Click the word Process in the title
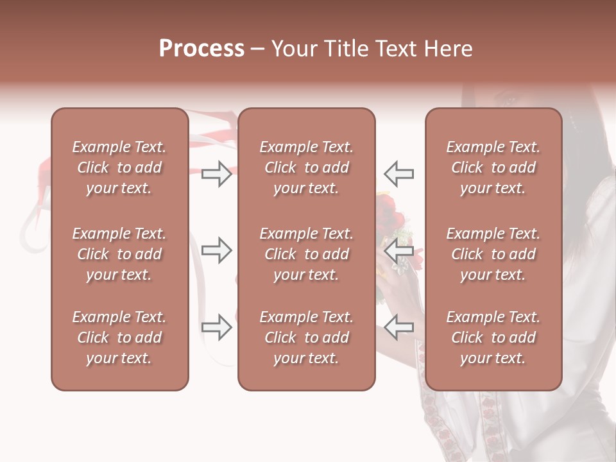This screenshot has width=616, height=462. (x=201, y=49)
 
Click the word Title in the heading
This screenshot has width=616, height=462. (x=345, y=49)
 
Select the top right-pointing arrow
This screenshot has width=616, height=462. (x=217, y=174)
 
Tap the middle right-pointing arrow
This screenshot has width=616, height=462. (x=217, y=250)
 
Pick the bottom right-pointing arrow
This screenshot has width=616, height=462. (x=217, y=327)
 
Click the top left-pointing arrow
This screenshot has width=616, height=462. (x=398, y=174)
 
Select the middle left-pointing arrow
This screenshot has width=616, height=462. (x=398, y=250)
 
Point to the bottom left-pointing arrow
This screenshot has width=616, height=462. (x=398, y=327)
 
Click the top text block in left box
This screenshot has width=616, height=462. (x=119, y=167)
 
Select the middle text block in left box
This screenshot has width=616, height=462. (x=119, y=254)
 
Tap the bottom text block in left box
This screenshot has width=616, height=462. (x=119, y=338)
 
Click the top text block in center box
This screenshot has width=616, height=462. (x=306, y=167)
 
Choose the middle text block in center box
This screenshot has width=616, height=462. (x=306, y=254)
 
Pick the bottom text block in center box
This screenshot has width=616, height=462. (x=306, y=338)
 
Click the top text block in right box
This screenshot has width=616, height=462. (x=493, y=167)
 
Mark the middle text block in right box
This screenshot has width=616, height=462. (x=493, y=254)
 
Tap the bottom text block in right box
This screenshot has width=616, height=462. (x=493, y=338)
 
